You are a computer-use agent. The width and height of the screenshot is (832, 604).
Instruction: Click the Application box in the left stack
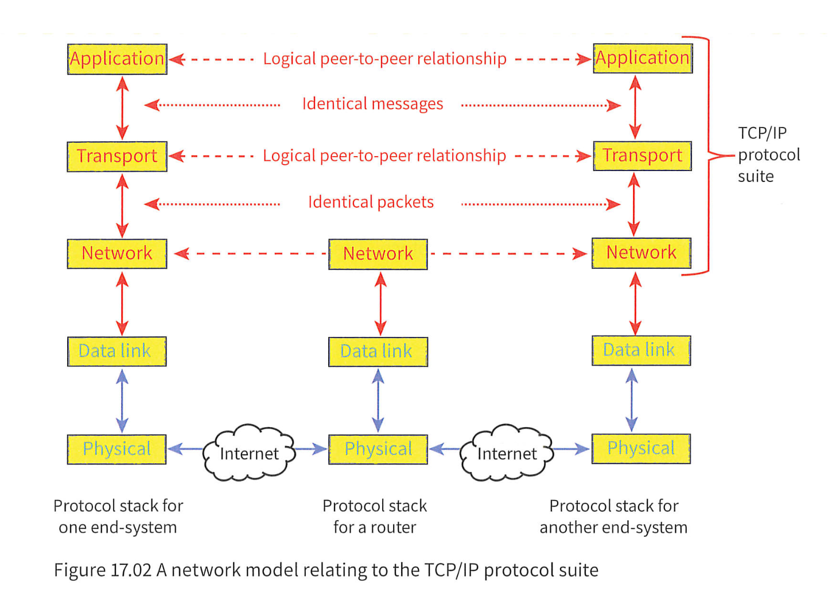(117, 59)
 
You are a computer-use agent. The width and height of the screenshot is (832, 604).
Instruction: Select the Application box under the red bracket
(642, 59)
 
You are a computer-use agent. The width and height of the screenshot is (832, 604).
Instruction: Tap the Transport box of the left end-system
(117, 156)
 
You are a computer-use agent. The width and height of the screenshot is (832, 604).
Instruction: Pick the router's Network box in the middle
(378, 254)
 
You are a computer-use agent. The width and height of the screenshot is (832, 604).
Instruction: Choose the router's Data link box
(378, 351)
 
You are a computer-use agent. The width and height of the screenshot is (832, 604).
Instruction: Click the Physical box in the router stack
(378, 449)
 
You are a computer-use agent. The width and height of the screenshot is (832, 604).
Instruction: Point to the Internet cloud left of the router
(249, 453)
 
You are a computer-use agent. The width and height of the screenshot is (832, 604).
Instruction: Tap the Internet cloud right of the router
(507, 453)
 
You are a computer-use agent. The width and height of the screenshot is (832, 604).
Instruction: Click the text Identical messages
(372, 104)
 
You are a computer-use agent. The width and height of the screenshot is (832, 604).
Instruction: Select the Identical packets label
(371, 202)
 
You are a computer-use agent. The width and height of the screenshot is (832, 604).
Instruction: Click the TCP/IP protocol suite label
(768, 154)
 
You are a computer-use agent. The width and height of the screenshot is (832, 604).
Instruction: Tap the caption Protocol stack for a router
(375, 516)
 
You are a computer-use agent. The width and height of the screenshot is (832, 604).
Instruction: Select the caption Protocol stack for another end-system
(613, 516)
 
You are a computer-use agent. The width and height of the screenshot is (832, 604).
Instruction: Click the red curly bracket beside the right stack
(709, 155)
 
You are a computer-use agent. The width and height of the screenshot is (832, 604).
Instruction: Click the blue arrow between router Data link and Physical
(378, 400)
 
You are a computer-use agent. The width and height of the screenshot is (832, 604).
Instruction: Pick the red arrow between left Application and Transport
(122, 107)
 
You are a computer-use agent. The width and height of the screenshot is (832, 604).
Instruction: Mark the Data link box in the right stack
(641, 350)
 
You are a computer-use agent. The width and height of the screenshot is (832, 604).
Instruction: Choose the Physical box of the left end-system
(117, 449)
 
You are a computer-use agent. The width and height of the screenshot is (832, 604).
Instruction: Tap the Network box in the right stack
(641, 253)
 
